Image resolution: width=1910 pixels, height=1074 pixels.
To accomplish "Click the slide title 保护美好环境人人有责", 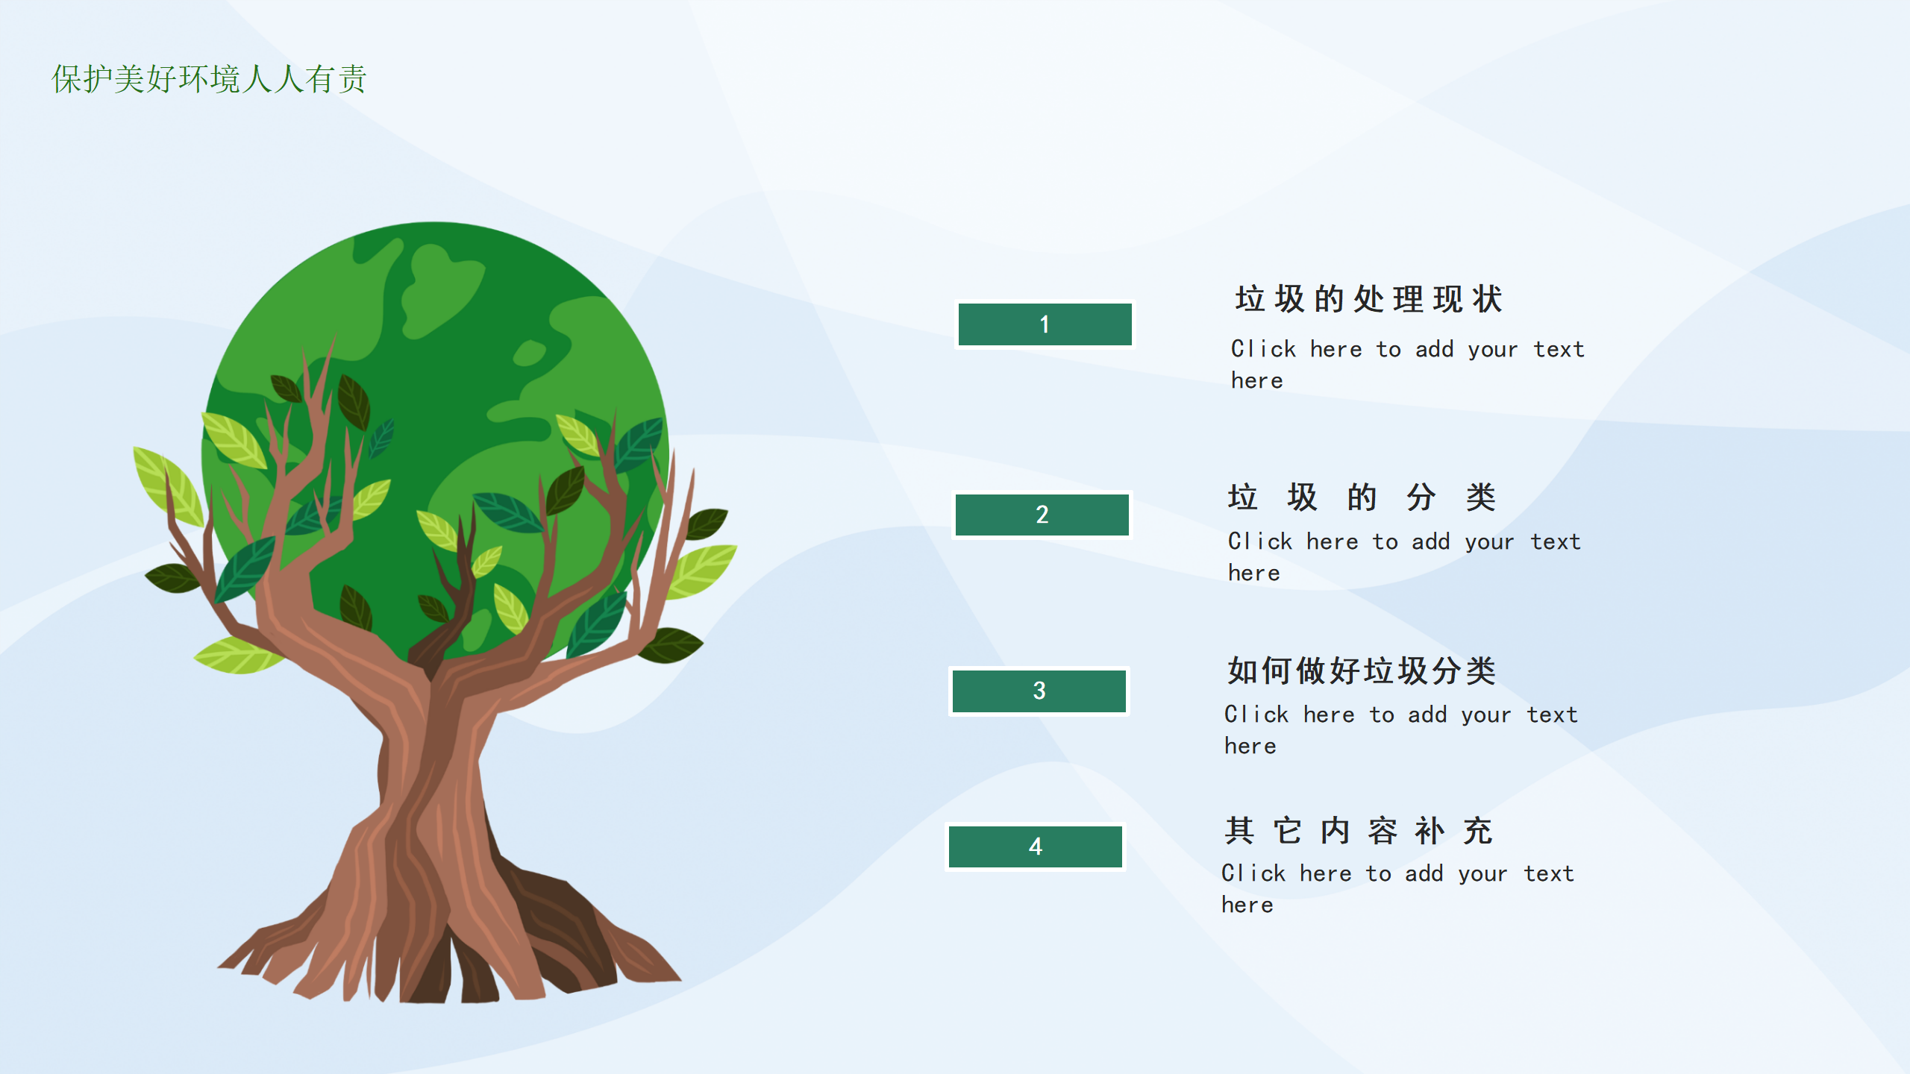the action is (209, 79).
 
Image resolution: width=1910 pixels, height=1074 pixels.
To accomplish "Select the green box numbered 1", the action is (1045, 324).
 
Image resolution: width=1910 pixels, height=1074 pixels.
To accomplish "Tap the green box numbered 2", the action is (1042, 515).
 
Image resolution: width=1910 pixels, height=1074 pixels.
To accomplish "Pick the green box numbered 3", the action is (1039, 691).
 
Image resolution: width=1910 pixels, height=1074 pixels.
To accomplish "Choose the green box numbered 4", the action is (1036, 847).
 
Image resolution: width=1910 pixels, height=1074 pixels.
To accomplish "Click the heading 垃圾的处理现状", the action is (1369, 299).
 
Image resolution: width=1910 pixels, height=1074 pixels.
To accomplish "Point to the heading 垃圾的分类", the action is (1362, 497).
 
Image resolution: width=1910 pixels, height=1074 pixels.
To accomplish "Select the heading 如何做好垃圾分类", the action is (1362, 671).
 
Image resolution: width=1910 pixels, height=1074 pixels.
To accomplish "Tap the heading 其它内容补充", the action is (1359, 831).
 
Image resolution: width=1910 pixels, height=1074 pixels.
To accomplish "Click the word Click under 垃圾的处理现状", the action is (1263, 349).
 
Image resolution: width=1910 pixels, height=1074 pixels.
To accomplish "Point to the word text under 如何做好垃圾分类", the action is (1552, 715).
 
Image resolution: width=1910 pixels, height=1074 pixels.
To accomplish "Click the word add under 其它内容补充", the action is (1424, 873).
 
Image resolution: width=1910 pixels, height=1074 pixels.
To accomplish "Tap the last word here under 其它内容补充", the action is (1247, 905).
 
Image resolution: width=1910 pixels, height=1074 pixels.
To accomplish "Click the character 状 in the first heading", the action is (1488, 299).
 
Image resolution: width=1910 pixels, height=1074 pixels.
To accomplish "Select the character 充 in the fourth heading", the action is (1478, 831).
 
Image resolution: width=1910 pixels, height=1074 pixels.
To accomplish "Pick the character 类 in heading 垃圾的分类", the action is (1481, 497).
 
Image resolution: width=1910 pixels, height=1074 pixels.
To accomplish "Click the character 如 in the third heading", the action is (1243, 671).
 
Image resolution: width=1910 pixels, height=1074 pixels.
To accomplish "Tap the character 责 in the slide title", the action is (351, 79).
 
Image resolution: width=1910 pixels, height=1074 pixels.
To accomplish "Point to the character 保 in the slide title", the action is (66, 79).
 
